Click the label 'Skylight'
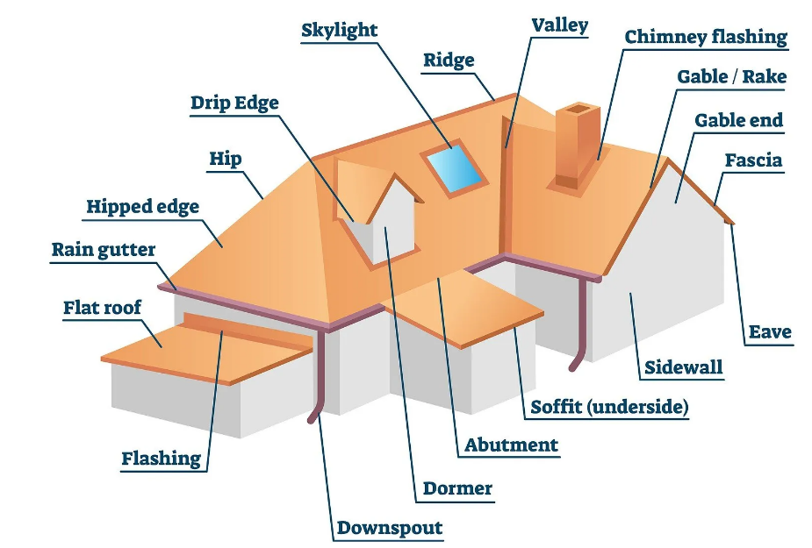[339, 30]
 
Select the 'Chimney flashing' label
[706, 37]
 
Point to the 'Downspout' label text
[390, 528]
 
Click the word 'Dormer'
[457, 488]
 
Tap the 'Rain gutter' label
[103, 249]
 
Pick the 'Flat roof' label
[102, 308]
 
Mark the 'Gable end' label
[738, 119]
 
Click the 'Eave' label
[770, 331]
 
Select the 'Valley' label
[559, 25]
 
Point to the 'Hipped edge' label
[142, 207]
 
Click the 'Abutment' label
[511, 445]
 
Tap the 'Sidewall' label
[684, 367]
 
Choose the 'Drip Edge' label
[234, 103]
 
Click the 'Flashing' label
[161, 458]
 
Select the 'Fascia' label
[753, 160]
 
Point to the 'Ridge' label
[449, 60]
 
